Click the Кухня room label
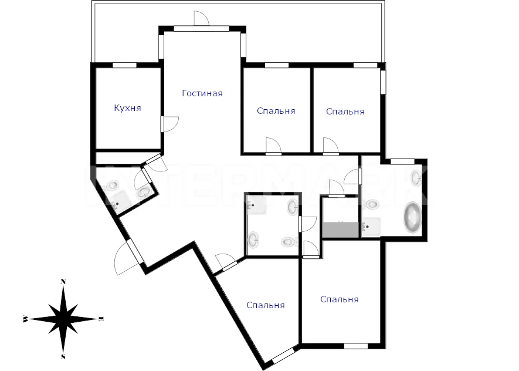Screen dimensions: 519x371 [x=127, y=109]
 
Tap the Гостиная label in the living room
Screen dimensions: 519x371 [x=202, y=93]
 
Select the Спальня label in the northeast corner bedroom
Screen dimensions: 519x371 [x=345, y=112]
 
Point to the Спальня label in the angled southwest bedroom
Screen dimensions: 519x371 [x=266, y=305]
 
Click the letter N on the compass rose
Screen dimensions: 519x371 [x=63, y=282]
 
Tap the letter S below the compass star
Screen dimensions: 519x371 [x=63, y=356]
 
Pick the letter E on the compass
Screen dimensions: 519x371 [x=101, y=319]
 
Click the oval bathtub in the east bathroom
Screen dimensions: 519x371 [x=412, y=217]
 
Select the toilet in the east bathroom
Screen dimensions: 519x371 [x=371, y=204]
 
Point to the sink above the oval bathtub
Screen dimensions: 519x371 [x=416, y=178]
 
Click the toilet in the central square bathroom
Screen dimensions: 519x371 [x=289, y=242]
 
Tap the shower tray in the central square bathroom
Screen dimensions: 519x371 [x=256, y=205]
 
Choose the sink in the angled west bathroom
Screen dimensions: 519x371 [x=144, y=192]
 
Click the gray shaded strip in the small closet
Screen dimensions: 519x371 [x=341, y=229]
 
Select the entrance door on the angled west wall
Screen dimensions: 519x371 [x=125, y=257]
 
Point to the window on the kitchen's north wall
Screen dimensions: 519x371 [x=125, y=65]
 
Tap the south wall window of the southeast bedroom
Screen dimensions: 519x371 [x=356, y=346]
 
